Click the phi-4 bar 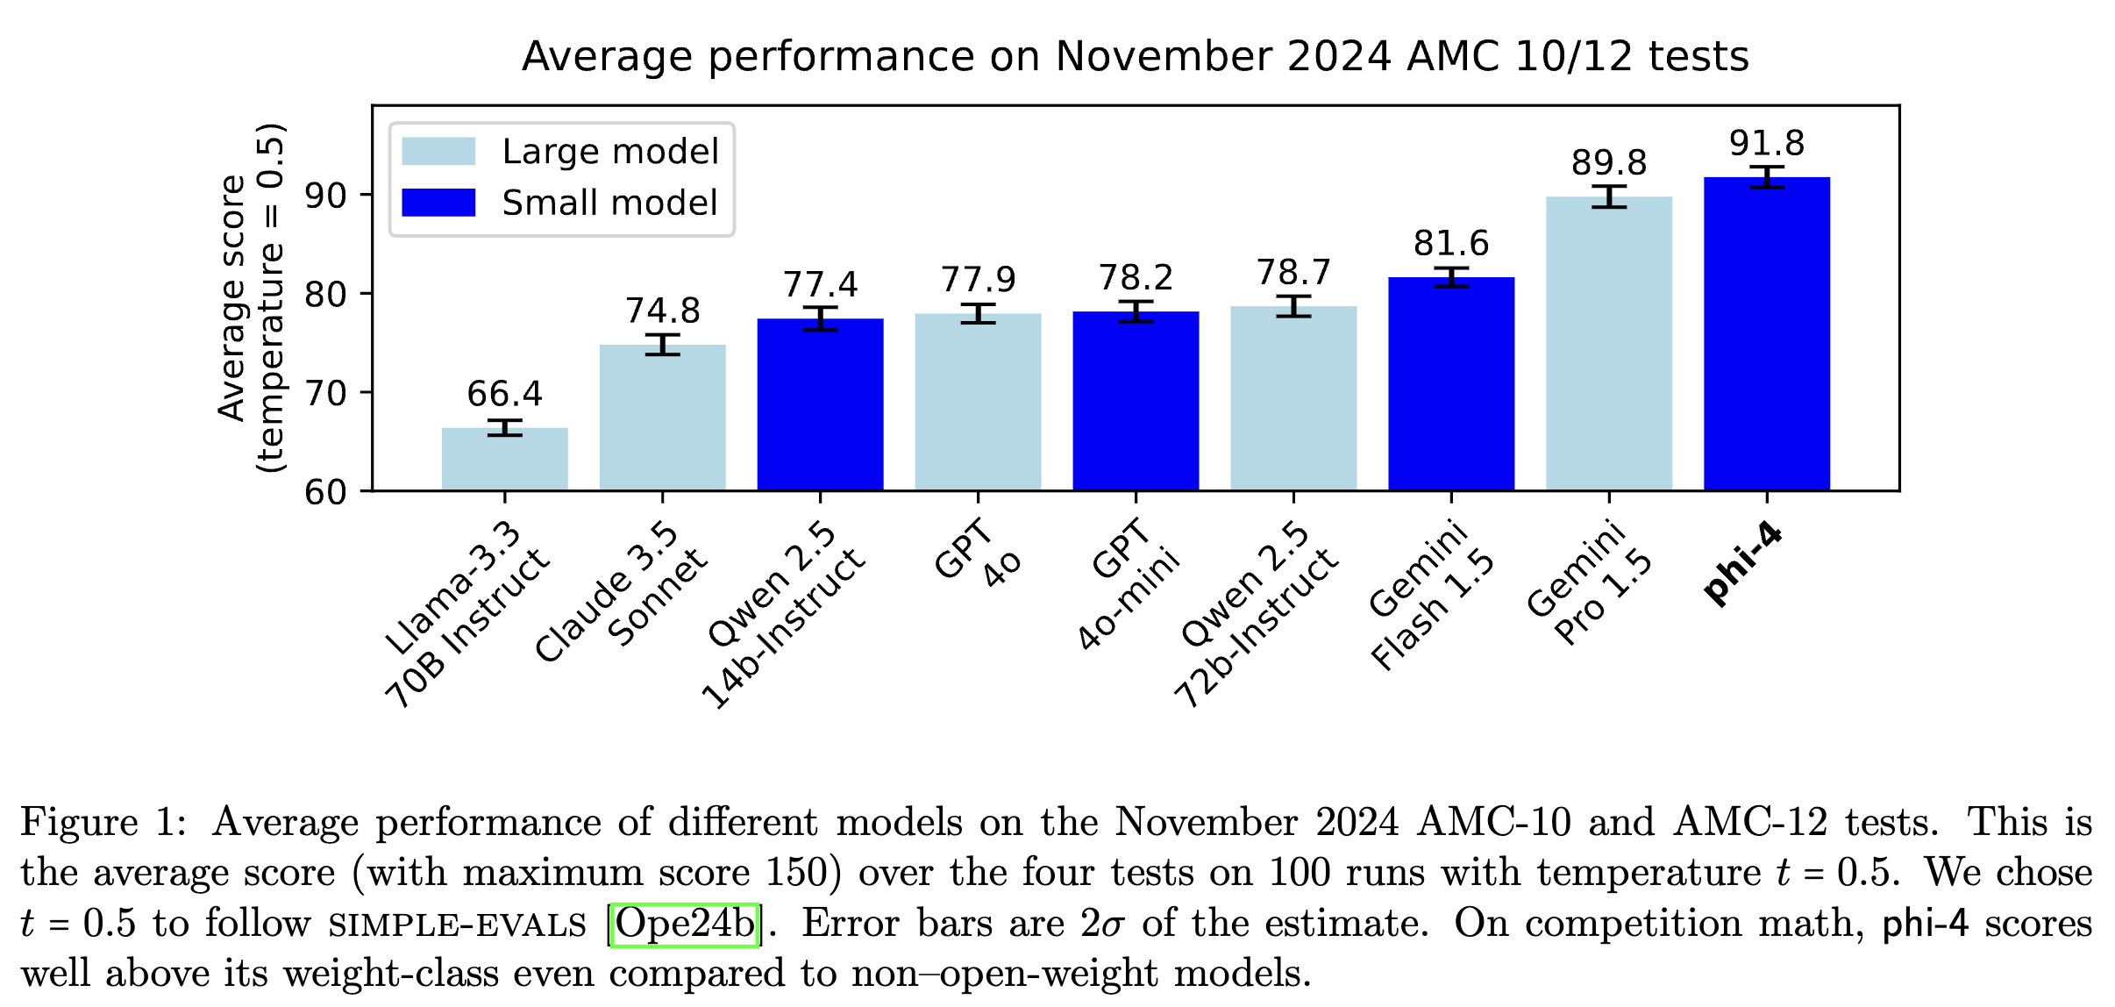tap(1766, 333)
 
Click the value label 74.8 tap(662, 311)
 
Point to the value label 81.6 tap(1451, 243)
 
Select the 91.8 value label tap(1766, 143)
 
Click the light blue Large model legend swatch tap(438, 151)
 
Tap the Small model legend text tap(609, 203)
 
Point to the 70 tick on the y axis tap(325, 393)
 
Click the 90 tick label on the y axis tap(325, 196)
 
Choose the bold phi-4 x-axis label tap(1742, 563)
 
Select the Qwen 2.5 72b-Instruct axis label tap(1257, 614)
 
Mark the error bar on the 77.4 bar tap(820, 318)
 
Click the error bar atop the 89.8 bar tap(1608, 196)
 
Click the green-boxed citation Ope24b tap(684, 924)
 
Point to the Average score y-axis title tap(233, 298)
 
